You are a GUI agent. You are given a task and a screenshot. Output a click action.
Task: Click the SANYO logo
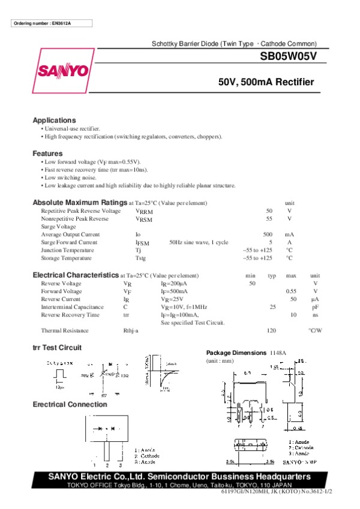coord(64,71)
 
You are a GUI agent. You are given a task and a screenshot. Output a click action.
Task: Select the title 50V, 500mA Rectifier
coord(266,82)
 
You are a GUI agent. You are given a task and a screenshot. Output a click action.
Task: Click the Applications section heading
coord(54,120)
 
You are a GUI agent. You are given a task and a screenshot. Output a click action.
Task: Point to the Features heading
coord(47,153)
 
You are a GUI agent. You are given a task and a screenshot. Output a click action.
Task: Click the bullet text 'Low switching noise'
coord(70,178)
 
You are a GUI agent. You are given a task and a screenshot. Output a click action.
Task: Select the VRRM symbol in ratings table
coord(144,212)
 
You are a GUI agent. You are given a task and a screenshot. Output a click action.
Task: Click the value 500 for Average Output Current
coord(268,234)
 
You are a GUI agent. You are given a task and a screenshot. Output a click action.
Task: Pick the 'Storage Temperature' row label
coord(66,258)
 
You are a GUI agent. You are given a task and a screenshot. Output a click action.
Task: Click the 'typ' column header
coord(272,275)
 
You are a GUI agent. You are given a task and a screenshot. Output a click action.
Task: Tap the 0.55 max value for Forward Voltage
coord(291,291)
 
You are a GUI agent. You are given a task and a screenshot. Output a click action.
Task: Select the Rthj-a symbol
coord(131,330)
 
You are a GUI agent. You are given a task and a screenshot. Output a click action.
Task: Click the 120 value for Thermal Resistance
coord(271,330)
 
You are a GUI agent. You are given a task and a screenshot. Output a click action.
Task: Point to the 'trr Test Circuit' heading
coord(57,348)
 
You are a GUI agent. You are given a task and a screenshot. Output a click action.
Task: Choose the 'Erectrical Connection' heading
coord(70,404)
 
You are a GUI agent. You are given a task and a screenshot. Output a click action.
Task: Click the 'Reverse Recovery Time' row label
coord(70,314)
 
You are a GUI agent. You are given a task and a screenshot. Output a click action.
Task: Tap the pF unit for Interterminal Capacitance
coord(315,306)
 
